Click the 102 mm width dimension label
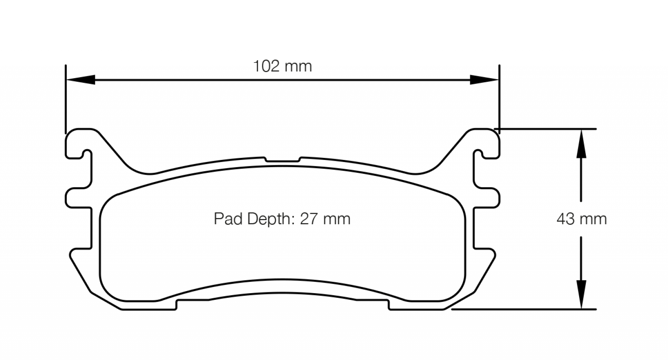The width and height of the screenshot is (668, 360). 283,66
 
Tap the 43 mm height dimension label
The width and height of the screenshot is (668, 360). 581,219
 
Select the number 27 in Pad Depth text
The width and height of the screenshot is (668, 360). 309,219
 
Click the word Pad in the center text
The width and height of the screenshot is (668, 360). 228,219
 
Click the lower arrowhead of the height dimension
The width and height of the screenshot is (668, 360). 581,294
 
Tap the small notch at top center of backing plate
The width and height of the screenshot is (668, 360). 283,160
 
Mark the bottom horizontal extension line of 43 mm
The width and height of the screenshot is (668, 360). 522,309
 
